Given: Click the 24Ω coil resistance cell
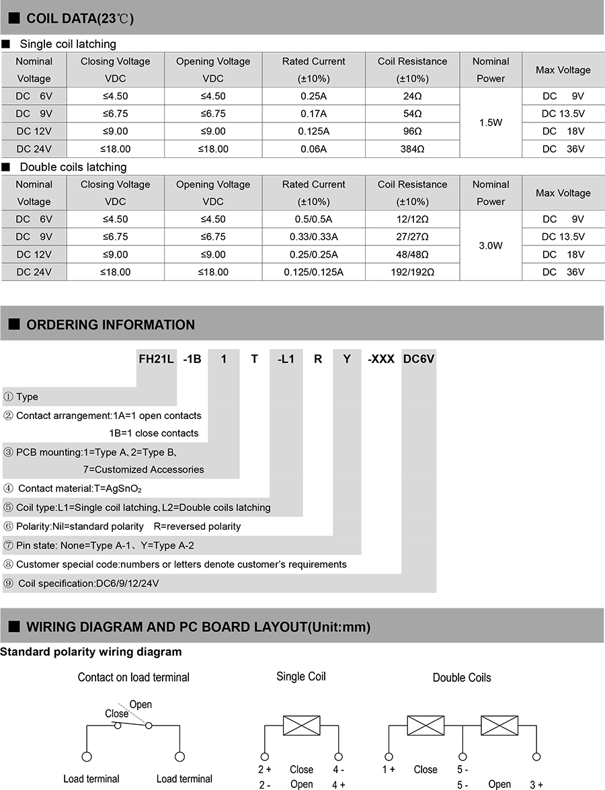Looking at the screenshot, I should point(413,96).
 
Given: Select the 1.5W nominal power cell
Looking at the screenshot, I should point(491,123).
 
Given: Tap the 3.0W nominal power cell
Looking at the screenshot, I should point(491,246).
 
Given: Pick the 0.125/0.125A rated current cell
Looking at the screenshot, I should point(313,272).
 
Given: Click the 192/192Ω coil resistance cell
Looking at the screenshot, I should point(413,272).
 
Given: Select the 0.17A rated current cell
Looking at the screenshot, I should point(313,114).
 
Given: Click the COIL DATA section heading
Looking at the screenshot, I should point(79,19).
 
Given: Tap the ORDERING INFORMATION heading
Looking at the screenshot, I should point(110,325).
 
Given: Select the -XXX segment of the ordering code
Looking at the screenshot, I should point(380,359).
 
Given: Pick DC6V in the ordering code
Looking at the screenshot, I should point(419,359).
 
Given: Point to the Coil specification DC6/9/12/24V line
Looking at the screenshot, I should point(88,584).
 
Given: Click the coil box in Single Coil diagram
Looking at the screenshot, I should point(301,725).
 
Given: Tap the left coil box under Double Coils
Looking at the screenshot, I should point(426,725).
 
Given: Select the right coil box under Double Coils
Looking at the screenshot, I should point(499,725).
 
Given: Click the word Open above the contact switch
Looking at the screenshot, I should point(140,705).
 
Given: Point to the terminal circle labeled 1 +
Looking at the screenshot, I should point(389,756).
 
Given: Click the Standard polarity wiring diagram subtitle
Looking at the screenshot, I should point(91,651).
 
